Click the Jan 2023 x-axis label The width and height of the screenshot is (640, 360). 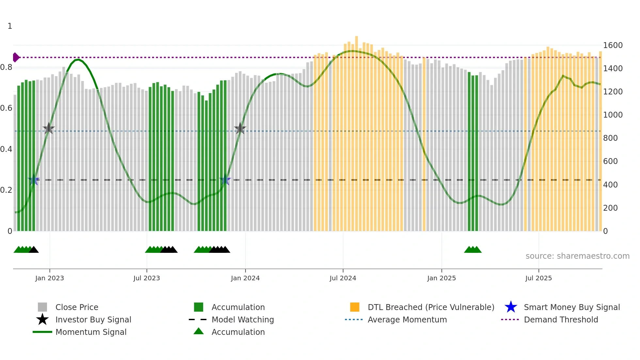[x=50, y=278]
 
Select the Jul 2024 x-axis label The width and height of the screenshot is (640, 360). [x=343, y=278]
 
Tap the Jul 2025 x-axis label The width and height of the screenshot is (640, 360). [x=538, y=278]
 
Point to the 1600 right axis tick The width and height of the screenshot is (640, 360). [x=613, y=45]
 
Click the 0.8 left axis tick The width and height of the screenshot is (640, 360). [x=7, y=67]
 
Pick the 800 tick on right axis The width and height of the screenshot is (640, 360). [x=610, y=138]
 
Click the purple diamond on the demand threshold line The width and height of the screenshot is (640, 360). [x=16, y=57]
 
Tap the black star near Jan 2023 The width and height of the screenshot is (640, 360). [x=49, y=129]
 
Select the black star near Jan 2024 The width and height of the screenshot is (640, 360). [x=240, y=129]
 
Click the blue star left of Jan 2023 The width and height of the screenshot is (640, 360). [x=34, y=180]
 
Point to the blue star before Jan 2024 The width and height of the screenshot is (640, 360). [x=225, y=180]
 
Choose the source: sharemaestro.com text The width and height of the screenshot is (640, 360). [x=577, y=256]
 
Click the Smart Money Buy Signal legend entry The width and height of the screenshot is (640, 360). [x=571, y=307]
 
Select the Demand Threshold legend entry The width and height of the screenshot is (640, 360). [x=561, y=319]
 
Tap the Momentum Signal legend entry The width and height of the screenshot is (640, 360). [x=91, y=332]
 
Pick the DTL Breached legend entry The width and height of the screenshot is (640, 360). [x=431, y=307]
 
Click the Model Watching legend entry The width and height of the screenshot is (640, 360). [x=242, y=319]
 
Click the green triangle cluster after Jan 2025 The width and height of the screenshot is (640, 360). [x=472, y=250]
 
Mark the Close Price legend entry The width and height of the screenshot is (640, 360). [x=76, y=307]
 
